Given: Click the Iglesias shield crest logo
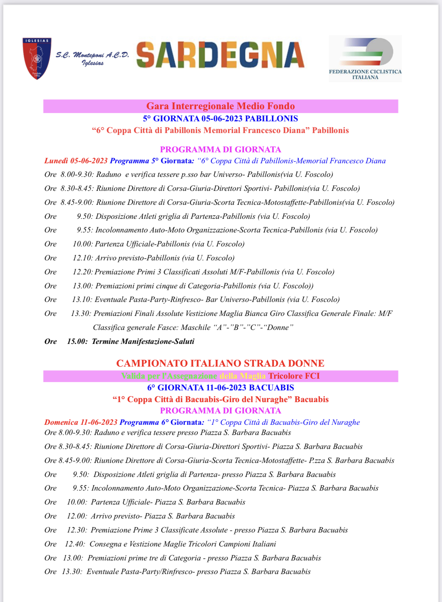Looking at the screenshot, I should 37,58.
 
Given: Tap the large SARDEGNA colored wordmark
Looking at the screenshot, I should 220,55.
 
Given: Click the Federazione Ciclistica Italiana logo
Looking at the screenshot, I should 365,59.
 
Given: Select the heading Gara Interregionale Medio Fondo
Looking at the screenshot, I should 220,106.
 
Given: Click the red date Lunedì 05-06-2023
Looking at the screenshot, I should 76,161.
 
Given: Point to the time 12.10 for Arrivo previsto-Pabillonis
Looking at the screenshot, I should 82,258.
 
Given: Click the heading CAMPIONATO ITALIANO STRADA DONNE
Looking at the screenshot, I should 220,364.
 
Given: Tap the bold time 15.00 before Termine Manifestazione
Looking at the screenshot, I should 77,342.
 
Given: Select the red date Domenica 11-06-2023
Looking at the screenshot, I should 81,422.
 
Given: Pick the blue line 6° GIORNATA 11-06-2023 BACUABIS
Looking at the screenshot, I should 220,388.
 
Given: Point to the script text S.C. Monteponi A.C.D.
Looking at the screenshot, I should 93,55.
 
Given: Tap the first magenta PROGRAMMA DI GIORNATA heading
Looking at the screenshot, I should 220,150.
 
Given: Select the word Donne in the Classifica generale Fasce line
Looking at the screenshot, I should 279,328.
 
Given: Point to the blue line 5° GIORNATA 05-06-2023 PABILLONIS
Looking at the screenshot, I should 220,119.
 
